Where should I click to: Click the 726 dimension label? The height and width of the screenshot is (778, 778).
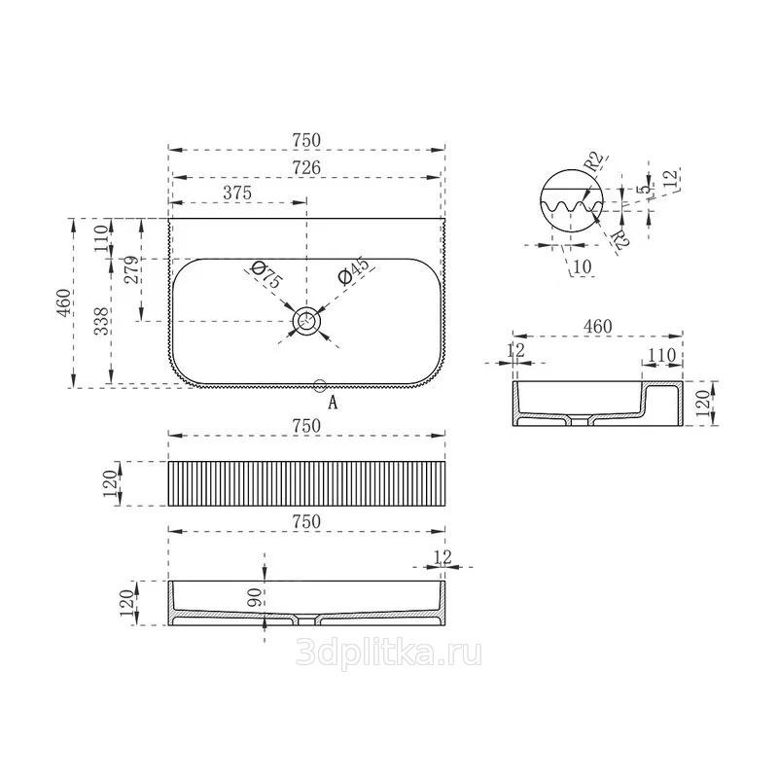click(306, 167)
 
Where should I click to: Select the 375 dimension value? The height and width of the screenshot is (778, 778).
click(237, 193)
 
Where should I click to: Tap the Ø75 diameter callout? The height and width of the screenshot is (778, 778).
click(265, 275)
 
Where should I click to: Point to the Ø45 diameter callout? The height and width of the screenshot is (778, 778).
click(354, 271)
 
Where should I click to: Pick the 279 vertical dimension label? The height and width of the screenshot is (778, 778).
click(131, 269)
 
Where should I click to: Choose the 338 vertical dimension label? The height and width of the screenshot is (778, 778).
click(102, 321)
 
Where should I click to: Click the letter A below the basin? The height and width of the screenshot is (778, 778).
click(333, 402)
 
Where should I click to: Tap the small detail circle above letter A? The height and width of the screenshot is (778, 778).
click(320, 385)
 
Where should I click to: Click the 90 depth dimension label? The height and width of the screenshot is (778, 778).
click(254, 598)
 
